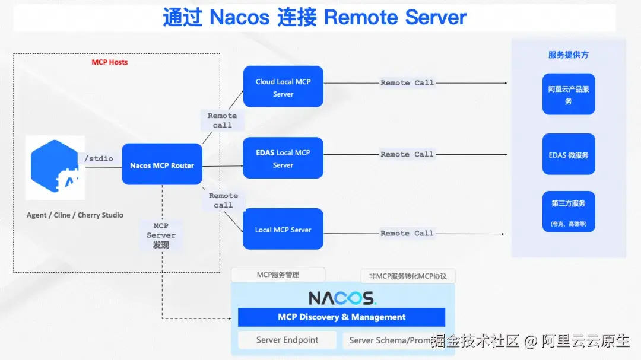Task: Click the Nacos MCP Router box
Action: click(x=162, y=165)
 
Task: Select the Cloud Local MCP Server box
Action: click(x=283, y=87)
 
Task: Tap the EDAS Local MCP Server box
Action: click(x=283, y=158)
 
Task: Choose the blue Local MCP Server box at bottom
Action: click(x=283, y=230)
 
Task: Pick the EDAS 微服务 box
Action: click(x=568, y=155)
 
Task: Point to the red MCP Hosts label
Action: click(x=109, y=62)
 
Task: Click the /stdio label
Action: click(x=99, y=158)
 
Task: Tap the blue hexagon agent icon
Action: click(x=55, y=167)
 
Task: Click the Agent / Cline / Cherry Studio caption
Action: click(x=75, y=215)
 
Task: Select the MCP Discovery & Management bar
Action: click(x=341, y=317)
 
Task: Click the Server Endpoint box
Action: click(x=287, y=340)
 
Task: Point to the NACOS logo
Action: click(x=342, y=298)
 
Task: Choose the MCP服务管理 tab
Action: click(x=278, y=275)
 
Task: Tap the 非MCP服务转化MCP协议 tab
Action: click(x=408, y=276)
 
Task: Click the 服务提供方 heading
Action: click(x=568, y=55)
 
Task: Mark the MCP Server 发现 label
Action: click(x=161, y=235)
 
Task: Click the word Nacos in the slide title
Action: click(x=239, y=18)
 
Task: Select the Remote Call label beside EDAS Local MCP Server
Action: click(x=407, y=154)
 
